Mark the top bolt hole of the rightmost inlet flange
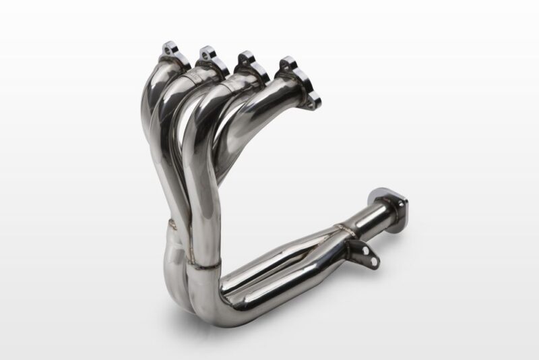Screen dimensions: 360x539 point(288,61)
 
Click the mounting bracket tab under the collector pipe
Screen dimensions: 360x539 point(361,252)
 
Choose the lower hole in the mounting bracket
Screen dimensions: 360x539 point(368,258)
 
